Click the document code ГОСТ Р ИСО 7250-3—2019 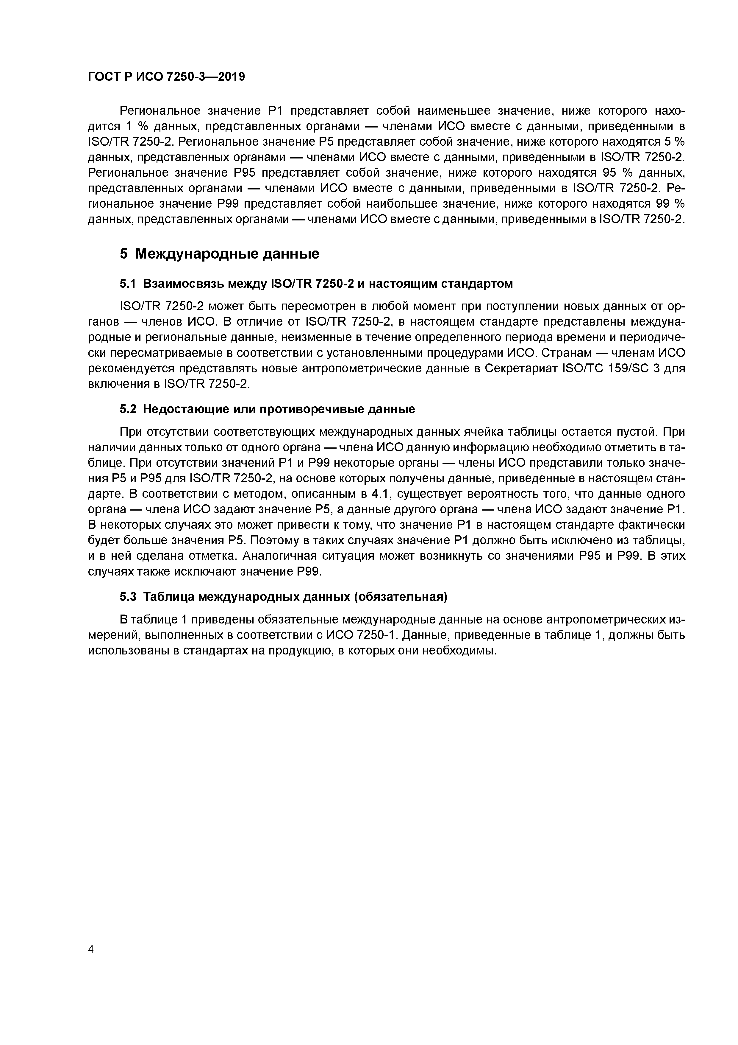[x=166, y=77]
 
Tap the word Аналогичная [x=279, y=556]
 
